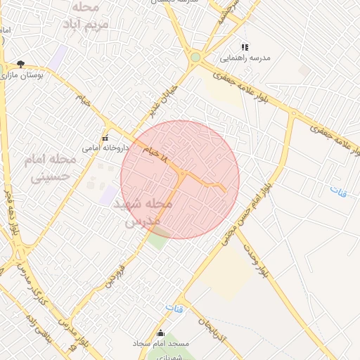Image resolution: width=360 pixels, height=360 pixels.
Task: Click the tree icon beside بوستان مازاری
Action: point(20,63)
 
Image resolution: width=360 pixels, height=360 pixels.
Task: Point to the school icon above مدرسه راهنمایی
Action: point(245,46)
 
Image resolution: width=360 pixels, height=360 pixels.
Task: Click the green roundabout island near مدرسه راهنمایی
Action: point(195,57)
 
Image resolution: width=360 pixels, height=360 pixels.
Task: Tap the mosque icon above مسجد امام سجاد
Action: point(160,333)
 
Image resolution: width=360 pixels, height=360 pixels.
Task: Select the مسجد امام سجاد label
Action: point(160,344)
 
